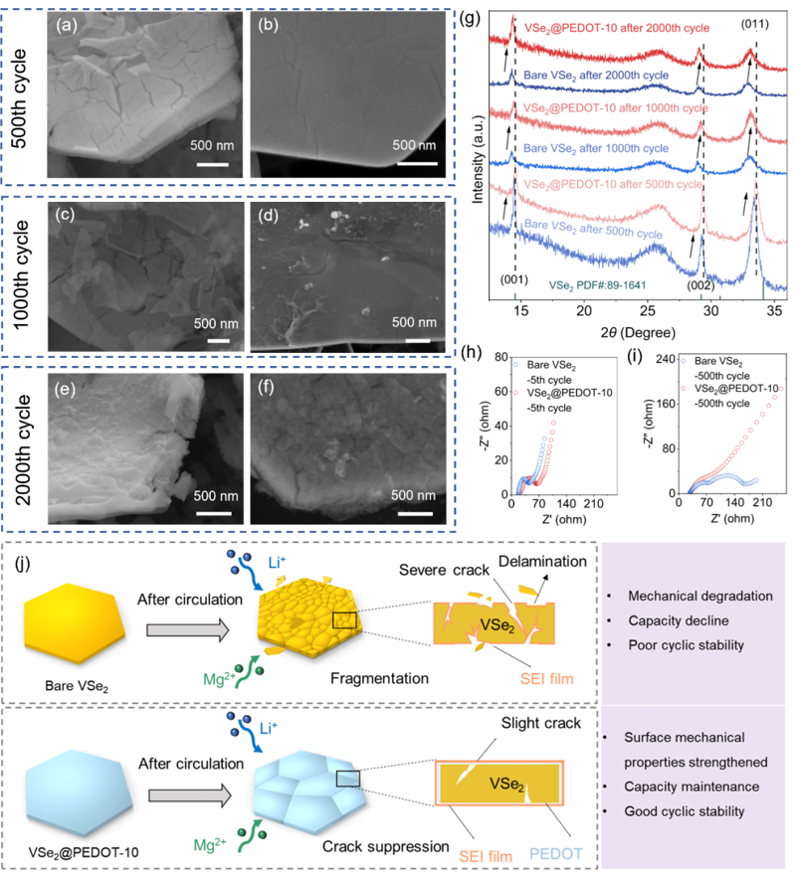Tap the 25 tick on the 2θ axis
pos(648,310)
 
